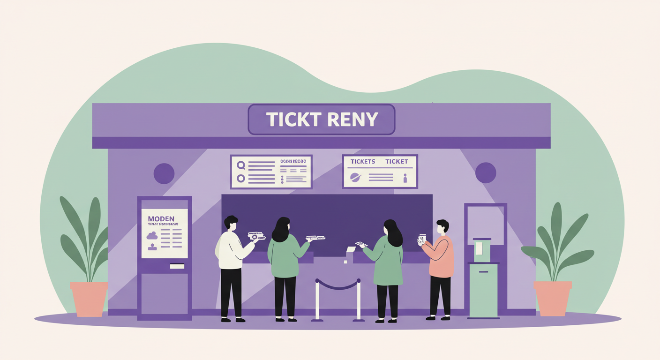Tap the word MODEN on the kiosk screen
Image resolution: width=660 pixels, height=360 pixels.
click(161, 219)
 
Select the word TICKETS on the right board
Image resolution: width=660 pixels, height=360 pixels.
click(363, 162)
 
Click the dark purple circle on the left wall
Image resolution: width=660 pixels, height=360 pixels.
click(164, 173)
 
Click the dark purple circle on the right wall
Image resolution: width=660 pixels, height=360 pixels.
click(486, 173)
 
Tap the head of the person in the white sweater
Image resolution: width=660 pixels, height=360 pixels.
click(231, 222)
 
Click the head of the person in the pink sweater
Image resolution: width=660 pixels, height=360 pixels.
click(442, 227)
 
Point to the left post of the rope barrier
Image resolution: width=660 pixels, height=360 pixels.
click(317, 300)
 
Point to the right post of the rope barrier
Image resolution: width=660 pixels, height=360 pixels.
click(359, 300)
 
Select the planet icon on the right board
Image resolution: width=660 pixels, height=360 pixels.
click(356, 177)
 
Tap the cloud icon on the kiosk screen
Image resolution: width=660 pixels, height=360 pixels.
click(152, 235)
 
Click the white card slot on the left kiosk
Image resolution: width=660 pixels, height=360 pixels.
click(177, 266)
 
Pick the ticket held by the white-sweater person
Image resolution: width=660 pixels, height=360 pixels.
click(256, 236)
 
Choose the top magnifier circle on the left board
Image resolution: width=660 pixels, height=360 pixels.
click(241, 165)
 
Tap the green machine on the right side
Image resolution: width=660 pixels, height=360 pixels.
click(483, 281)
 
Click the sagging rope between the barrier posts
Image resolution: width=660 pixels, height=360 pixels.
click(338, 286)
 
